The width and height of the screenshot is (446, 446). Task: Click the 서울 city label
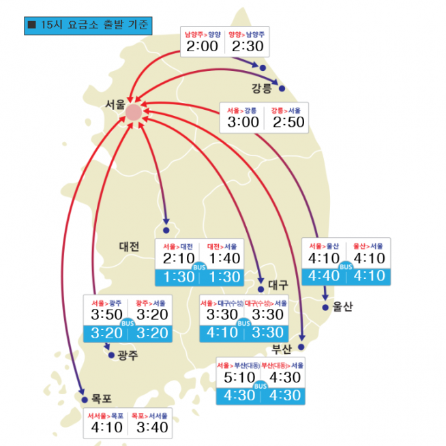tap(115, 105)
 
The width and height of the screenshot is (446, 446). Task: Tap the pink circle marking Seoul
tap(134, 113)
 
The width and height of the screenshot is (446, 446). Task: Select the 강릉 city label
tap(261, 88)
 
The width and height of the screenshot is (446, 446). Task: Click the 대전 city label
tap(129, 246)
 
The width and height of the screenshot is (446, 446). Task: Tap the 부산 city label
tap(281, 350)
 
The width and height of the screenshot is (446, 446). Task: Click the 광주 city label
tap(128, 355)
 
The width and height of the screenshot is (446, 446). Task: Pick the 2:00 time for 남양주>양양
tap(202, 46)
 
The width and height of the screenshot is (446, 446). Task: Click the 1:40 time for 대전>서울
tap(224, 258)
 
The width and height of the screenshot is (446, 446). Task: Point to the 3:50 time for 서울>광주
tap(106, 314)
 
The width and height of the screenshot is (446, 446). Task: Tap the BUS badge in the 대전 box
tap(199, 267)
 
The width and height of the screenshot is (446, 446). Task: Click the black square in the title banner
tap(31, 25)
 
